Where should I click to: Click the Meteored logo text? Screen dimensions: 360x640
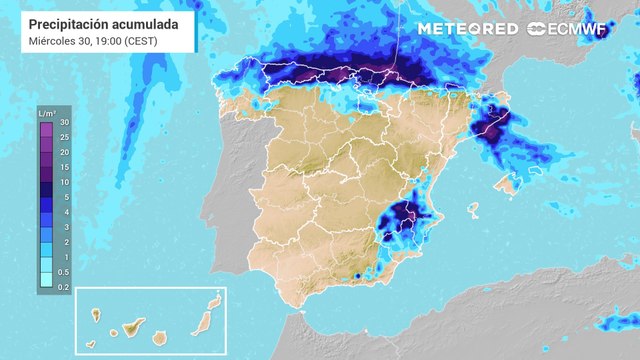click(468, 29)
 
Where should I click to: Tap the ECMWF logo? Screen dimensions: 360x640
click(567, 29)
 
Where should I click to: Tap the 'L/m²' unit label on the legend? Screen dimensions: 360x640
click(46, 113)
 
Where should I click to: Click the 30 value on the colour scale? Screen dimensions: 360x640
click(63, 122)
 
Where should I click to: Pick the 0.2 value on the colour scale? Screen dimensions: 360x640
click(65, 287)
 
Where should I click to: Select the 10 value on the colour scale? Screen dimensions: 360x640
click(63, 182)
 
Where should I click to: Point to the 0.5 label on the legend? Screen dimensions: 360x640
click(65, 272)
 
